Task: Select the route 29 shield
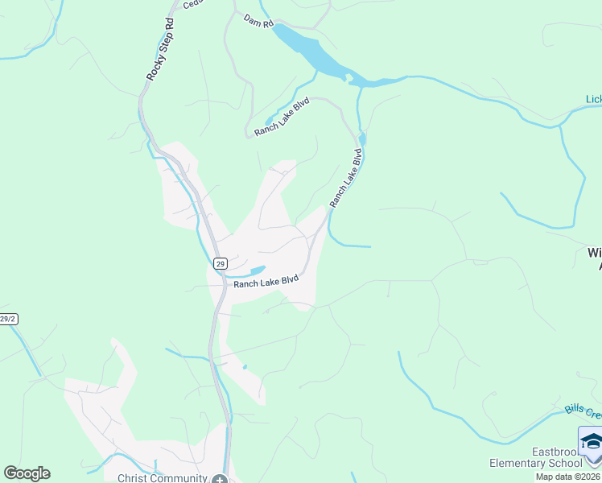pos(221,263)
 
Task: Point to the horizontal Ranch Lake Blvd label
pos(266,282)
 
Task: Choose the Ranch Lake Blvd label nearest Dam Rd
pos(282,118)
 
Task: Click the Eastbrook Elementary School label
pos(535,457)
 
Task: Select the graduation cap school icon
pos(591,444)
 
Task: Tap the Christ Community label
pos(163,478)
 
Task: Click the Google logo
pos(27,473)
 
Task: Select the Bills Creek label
pos(583,411)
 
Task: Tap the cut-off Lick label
pos(593,100)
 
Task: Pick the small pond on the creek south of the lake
pos(362,138)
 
